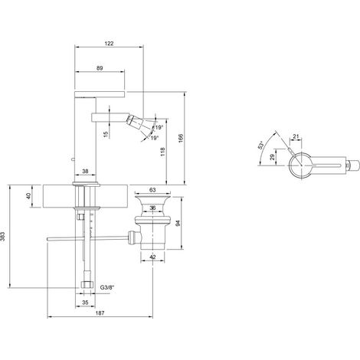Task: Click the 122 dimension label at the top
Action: (x=109, y=44)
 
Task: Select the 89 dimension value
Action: (x=100, y=68)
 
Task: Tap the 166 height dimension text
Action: (x=181, y=138)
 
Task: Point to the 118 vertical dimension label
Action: (x=163, y=152)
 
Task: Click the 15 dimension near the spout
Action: (x=106, y=133)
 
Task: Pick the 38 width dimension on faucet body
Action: (x=85, y=171)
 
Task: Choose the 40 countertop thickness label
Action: (x=28, y=196)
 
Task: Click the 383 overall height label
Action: (x=3, y=236)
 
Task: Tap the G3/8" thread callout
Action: (x=107, y=287)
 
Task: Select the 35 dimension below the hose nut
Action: (x=85, y=303)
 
